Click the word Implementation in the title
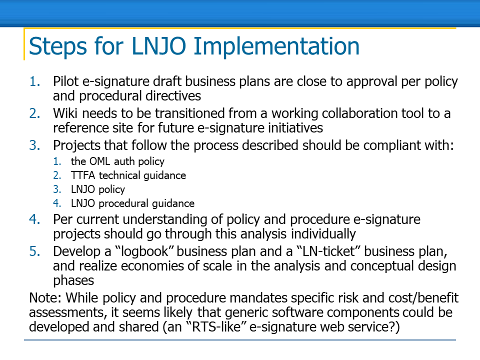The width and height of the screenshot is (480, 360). coord(276,46)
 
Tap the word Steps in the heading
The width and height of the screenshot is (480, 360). coord(57,46)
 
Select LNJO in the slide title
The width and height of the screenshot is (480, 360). coord(158,46)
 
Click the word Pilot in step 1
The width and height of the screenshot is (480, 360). coord(66,81)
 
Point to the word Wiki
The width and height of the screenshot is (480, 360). coord(65,113)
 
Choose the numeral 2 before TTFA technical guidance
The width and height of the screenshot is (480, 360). coord(57,175)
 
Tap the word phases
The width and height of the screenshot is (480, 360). coord(73,280)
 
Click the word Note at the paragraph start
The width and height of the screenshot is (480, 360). coord(45,297)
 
